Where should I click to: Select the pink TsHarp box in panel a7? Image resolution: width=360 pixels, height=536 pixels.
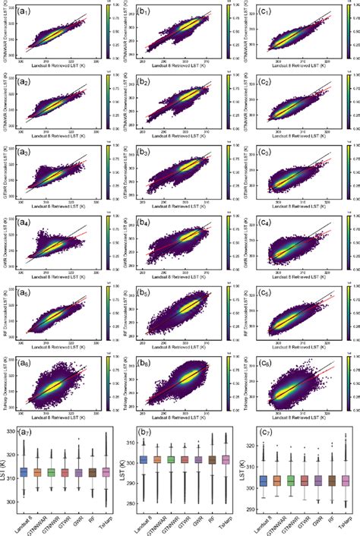point(105,471)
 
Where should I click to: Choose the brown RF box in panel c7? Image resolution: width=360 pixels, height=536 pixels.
point(331,480)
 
